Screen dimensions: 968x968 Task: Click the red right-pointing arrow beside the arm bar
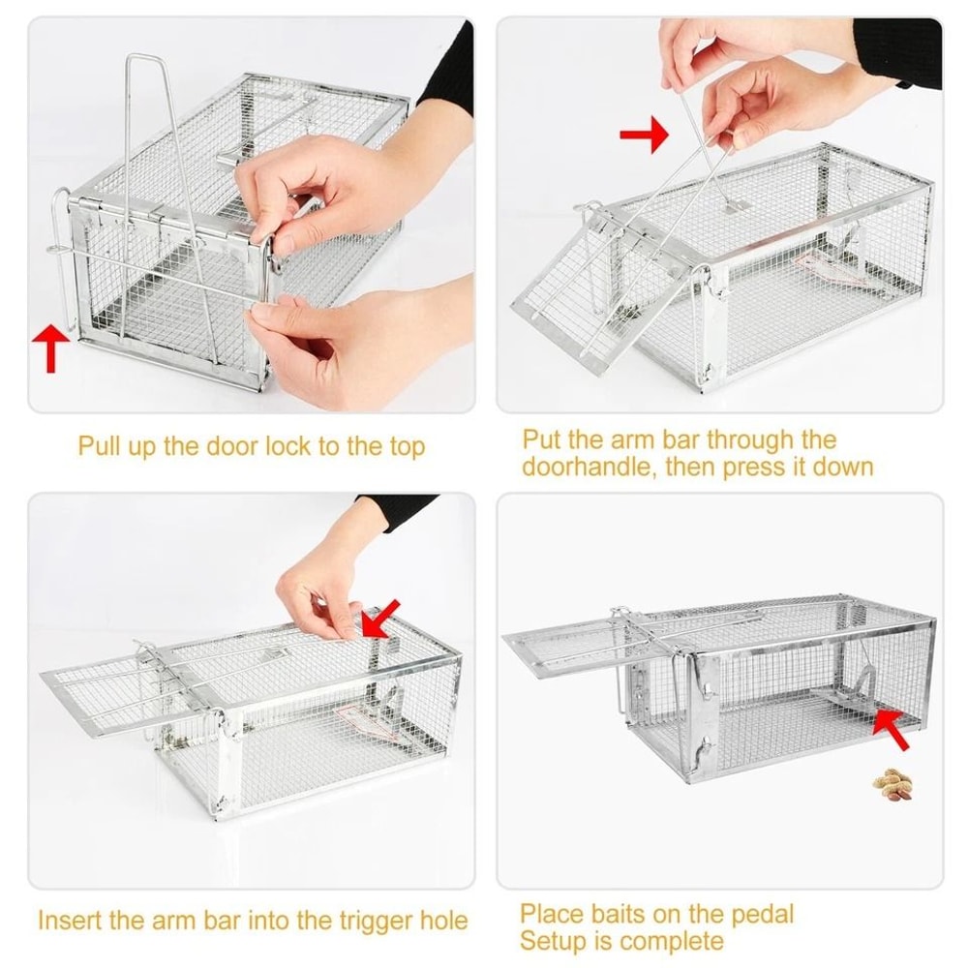pyautogui.click(x=645, y=134)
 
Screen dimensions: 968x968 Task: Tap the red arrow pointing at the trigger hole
pyautogui.click(x=381, y=617)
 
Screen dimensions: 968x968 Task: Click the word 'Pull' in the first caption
pyautogui.click(x=101, y=446)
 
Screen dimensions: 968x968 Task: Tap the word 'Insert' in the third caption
pyautogui.click(x=68, y=921)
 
